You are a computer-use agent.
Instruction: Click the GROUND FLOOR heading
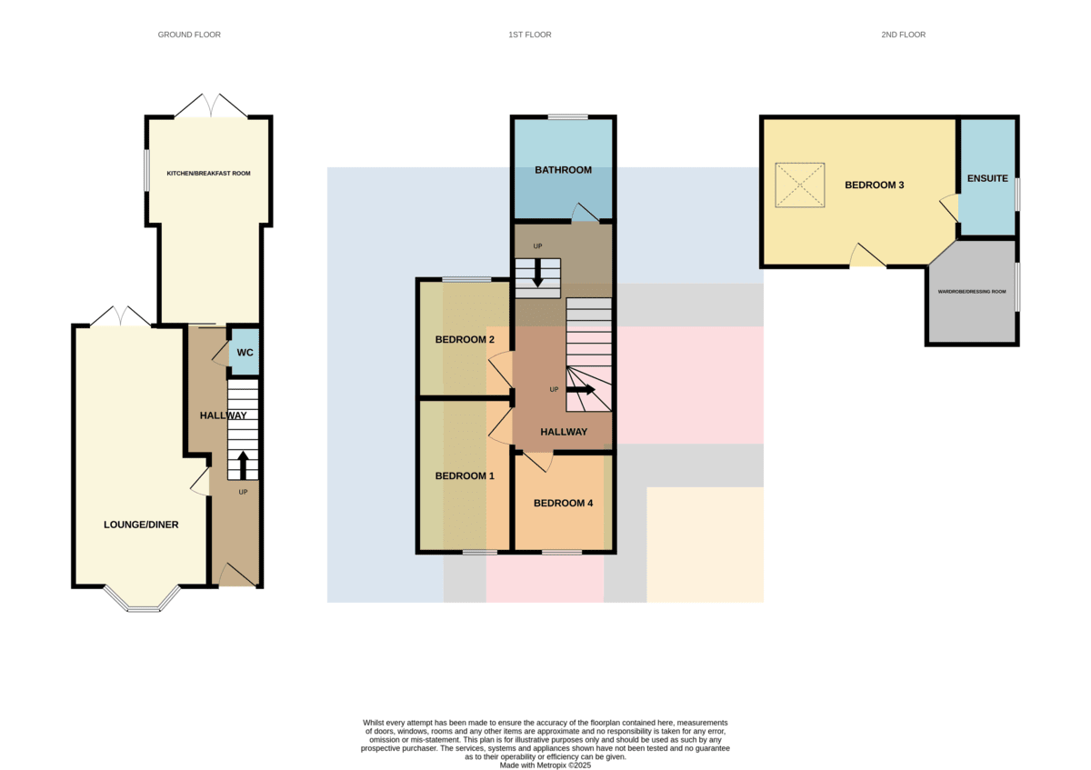coord(189,35)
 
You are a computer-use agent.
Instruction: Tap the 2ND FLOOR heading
coord(904,35)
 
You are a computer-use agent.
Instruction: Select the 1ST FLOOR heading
coord(530,35)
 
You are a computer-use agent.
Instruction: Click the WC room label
coord(245,352)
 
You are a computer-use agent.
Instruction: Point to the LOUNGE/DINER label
coord(141,525)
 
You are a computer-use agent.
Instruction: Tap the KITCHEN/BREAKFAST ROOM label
coord(208,174)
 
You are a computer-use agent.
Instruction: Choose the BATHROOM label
coord(564,170)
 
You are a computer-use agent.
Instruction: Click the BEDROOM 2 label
coord(465,339)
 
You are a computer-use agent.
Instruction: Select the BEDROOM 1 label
coord(465,475)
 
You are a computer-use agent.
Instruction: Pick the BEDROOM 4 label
coord(564,503)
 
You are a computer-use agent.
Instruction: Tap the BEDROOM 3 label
coord(875,185)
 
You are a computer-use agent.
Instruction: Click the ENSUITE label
coord(987,178)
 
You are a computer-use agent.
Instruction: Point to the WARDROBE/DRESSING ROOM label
coord(972,292)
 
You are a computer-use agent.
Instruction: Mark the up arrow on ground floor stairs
coord(243,465)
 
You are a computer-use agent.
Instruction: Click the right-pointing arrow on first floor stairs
coord(581,389)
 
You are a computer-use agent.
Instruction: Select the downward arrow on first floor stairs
coord(537,274)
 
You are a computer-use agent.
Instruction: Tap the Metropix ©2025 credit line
coord(545,765)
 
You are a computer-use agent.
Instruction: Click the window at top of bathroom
coord(568,117)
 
